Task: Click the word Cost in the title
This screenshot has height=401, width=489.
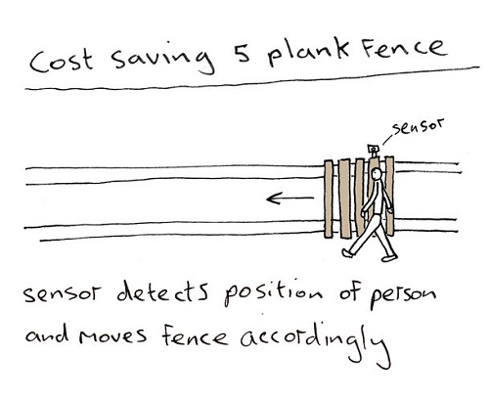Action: click(x=62, y=61)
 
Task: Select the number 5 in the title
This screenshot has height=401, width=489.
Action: click(x=243, y=52)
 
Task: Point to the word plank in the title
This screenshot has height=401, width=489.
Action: click(x=309, y=53)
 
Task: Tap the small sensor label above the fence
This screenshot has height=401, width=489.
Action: click(x=418, y=126)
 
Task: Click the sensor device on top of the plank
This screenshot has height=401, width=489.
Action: click(x=374, y=150)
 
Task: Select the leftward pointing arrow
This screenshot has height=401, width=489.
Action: click(x=290, y=198)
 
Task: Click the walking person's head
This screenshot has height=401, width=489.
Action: click(x=377, y=174)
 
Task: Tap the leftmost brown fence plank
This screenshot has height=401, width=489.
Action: click(x=329, y=199)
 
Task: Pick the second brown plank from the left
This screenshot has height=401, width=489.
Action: click(x=344, y=199)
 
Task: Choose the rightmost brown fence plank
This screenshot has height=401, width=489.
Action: click(x=390, y=197)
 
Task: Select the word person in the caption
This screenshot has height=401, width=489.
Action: click(x=403, y=296)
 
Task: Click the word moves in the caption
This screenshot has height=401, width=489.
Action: click(x=113, y=335)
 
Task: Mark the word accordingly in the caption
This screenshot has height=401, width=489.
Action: click(x=316, y=343)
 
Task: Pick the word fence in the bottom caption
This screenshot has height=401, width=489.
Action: click(x=195, y=335)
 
